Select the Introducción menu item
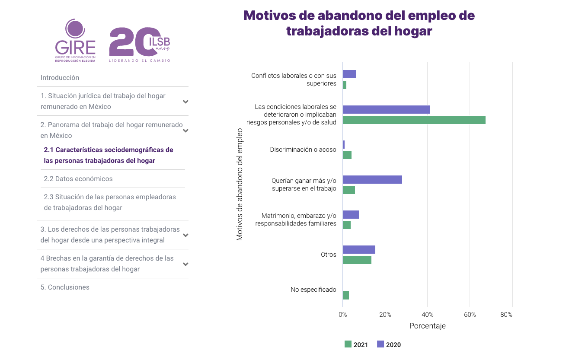point(60,78)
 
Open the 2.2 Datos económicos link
point(78,179)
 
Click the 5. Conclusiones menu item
point(65,287)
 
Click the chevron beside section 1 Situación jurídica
point(185,102)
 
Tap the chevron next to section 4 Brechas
point(185,264)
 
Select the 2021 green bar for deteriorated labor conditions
point(414,120)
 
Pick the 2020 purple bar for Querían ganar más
point(372,180)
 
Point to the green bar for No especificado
point(346,296)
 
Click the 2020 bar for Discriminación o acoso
point(344,145)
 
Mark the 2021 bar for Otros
point(357,260)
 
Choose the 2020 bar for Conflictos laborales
point(349,74)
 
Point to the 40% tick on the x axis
point(428,315)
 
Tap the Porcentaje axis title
point(427,326)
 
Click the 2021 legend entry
point(356,344)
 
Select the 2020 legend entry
point(389,344)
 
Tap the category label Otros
point(329,255)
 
